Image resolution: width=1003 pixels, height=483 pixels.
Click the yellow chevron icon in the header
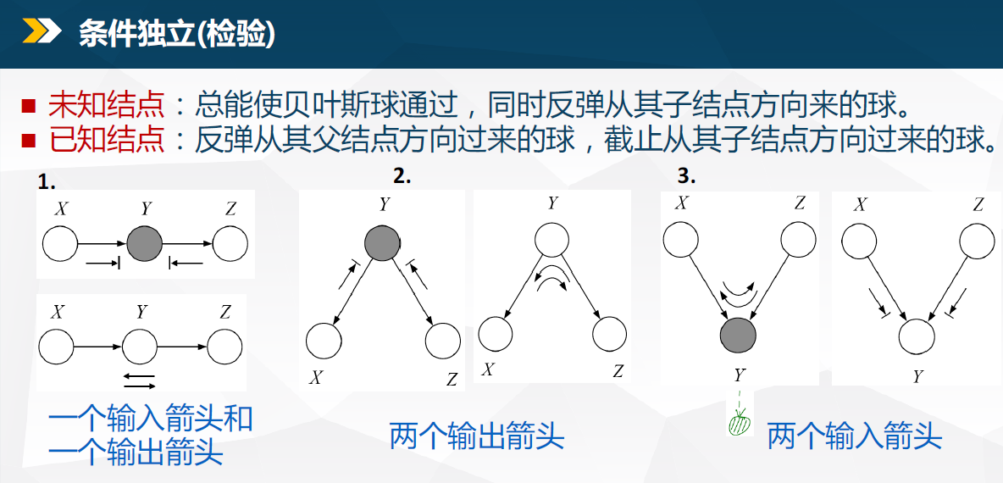tap(42, 31)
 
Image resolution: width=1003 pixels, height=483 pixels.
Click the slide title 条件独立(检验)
tap(177, 32)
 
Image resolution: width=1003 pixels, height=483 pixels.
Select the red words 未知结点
tap(107, 106)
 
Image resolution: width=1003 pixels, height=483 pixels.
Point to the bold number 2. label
tap(402, 176)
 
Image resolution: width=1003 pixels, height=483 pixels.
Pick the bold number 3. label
tap(686, 176)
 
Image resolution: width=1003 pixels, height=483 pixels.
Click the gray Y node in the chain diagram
tap(145, 244)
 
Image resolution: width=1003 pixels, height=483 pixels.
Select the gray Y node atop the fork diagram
tap(382, 244)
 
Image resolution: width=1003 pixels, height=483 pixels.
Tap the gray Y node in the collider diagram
tap(738, 335)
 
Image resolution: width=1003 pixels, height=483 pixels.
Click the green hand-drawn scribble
tap(740, 424)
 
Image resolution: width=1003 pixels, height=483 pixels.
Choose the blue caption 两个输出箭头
tap(477, 437)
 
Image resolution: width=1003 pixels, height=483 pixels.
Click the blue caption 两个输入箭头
tap(855, 437)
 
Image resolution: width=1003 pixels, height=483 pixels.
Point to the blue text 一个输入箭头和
tap(150, 421)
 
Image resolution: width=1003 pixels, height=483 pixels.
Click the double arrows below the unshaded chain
tap(139, 380)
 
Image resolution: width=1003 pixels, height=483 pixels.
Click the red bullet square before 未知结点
tap(28, 106)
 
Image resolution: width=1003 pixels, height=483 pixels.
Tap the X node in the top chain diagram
tap(60, 244)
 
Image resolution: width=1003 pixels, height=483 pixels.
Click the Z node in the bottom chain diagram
tap(224, 347)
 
